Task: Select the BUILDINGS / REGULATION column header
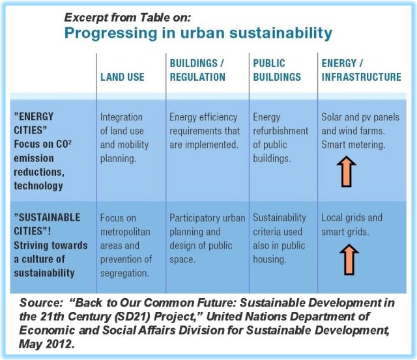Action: point(197,70)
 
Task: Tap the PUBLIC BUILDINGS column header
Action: point(277,70)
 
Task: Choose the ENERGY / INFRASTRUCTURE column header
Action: point(361,70)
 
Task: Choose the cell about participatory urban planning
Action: point(203,238)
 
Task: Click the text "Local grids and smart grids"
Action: point(352,225)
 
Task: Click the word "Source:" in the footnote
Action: point(41,304)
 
